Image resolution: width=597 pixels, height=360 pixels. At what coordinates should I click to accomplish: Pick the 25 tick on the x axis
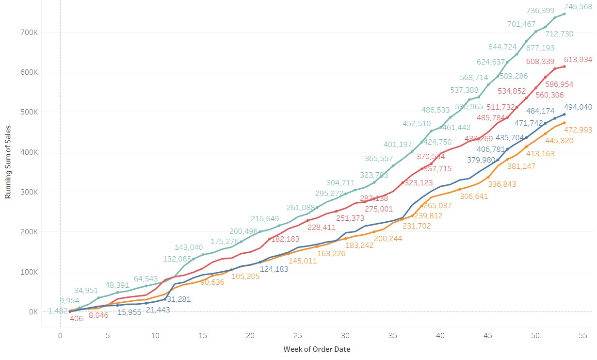(298, 336)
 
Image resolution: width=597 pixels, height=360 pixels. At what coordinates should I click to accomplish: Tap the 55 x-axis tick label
(583, 336)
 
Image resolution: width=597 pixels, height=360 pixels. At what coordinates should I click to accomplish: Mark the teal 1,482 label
(58, 311)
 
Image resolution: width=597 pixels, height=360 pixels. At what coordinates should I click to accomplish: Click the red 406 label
(76, 319)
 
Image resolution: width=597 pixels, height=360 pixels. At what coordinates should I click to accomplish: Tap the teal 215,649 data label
(265, 219)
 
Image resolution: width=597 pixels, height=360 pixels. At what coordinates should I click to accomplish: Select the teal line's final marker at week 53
(564, 14)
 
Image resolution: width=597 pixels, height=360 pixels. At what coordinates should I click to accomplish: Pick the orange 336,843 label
(502, 184)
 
